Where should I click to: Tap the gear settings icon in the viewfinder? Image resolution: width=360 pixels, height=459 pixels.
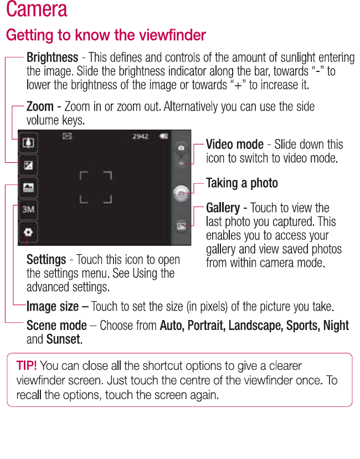point(28,233)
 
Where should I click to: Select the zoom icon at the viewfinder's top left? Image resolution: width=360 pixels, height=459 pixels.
point(28,143)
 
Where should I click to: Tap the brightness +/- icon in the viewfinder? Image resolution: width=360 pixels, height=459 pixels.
point(28,165)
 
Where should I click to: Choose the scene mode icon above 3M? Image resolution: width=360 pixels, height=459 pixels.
point(28,188)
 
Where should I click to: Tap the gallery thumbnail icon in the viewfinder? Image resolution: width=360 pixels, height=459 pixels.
point(181,226)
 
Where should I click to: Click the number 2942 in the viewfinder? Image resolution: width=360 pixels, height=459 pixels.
point(140,136)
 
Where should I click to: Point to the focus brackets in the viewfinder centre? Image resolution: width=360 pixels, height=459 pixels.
point(96,187)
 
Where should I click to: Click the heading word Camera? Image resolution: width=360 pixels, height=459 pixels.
point(37,10)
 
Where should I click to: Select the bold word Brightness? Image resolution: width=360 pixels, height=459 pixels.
point(52,58)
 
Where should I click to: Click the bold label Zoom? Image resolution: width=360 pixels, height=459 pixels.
point(40,106)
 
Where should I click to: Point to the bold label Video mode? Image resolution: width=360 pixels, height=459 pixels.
point(234,145)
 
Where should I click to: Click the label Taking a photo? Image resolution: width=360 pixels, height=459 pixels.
point(241,183)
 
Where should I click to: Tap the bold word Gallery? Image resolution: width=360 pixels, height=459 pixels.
point(223,208)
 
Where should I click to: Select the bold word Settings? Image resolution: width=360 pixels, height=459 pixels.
point(47,260)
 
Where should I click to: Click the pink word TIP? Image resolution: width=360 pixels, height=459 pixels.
point(27,365)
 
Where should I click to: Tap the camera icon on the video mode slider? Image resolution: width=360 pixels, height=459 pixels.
point(181,148)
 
